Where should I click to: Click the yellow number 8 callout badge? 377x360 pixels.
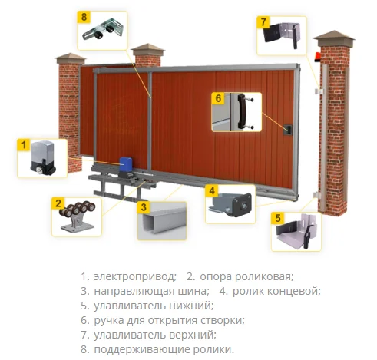click(84, 17)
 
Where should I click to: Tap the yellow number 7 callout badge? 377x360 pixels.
click(263, 22)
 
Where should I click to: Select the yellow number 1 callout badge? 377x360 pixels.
click(24, 145)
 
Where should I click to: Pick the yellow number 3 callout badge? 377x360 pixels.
click(144, 207)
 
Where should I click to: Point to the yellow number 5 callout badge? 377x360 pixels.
click(278, 218)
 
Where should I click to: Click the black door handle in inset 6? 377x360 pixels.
click(242, 111)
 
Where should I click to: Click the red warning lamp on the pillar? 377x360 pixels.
click(317, 57)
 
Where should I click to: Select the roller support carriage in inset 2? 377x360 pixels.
click(78, 216)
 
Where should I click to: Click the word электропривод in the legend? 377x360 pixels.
click(135, 276)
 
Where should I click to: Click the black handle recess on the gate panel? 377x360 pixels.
click(288, 130)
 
